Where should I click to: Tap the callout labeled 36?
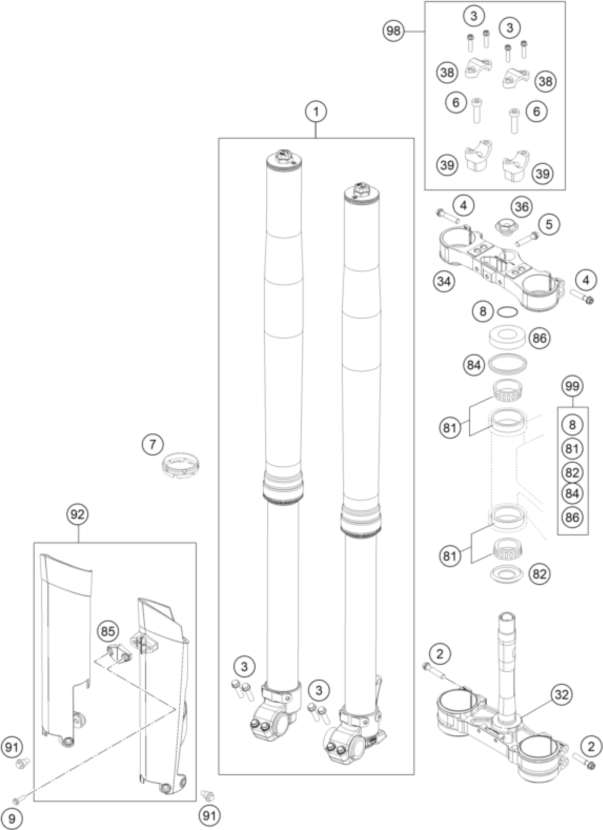pyautogui.click(x=522, y=207)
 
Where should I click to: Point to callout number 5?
pyautogui.click(x=549, y=224)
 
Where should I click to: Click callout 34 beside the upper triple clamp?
pyautogui.click(x=444, y=282)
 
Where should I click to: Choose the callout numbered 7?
pyautogui.click(x=153, y=445)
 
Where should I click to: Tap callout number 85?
pyautogui.click(x=108, y=631)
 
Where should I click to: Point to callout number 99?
pyautogui.click(x=572, y=386)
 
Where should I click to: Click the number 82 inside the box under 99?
pyautogui.click(x=572, y=472)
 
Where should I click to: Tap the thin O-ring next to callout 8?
pyautogui.click(x=508, y=312)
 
